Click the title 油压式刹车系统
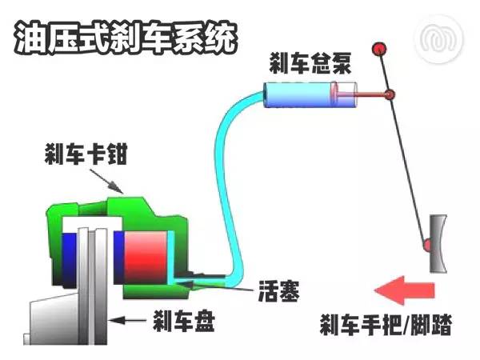point(126,38)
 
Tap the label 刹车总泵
point(310,63)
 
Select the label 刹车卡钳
point(86,154)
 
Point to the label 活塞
point(278,291)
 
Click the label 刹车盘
point(184,321)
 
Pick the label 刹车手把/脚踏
point(386,324)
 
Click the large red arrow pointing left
point(404,290)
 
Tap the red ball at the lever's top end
point(379,49)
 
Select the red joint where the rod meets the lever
point(390,94)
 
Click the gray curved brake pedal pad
point(438,244)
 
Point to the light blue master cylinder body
point(299,94)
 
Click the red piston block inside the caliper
point(146,257)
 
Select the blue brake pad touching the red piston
point(118,257)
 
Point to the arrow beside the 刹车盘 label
point(128,321)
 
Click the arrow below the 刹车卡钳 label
point(106,182)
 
